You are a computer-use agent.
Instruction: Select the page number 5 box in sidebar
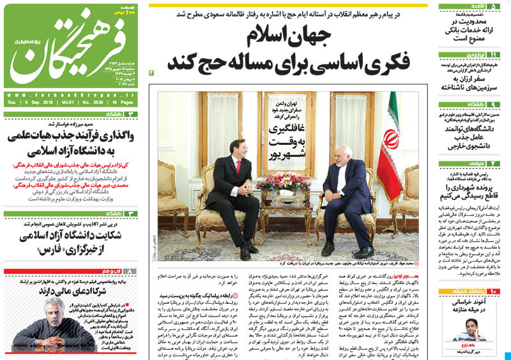496,6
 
